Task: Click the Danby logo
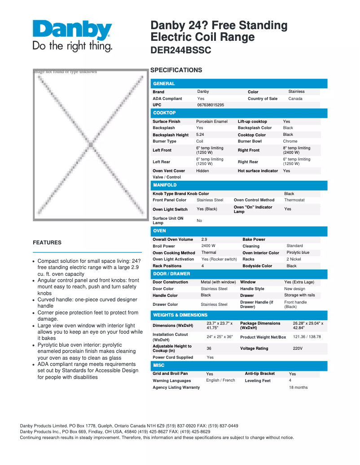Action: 72,35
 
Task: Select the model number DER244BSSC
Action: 180,51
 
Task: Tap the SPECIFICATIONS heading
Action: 176,70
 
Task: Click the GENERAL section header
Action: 164,83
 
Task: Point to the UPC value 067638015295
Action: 211,105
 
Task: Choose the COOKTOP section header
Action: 164,113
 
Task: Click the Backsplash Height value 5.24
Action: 200,135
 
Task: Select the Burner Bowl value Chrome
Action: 290,141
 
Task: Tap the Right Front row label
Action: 248,150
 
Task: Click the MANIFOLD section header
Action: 165,185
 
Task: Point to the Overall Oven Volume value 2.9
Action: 204,239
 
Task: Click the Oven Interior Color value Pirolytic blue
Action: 298,252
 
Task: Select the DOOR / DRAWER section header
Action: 171,274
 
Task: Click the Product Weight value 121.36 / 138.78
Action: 307,337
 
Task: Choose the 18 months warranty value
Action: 298,387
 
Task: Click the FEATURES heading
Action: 47,243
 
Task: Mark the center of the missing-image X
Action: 90,145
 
